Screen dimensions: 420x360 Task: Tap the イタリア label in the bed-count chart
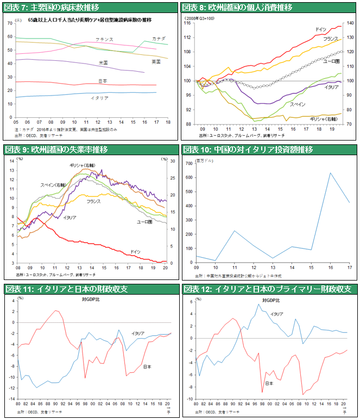click(x=99, y=99)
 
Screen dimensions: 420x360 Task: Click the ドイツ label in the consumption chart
click(x=320, y=29)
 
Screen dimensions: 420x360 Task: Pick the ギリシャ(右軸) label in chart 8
click(x=322, y=118)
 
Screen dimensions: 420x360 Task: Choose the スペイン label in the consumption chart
click(x=297, y=104)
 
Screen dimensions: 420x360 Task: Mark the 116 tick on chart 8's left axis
click(x=187, y=23)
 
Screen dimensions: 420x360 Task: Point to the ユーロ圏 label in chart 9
click(x=144, y=222)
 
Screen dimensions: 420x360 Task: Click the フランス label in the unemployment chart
click(x=93, y=201)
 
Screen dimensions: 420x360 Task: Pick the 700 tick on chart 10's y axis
click(x=189, y=163)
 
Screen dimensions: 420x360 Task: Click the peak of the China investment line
click(x=330, y=173)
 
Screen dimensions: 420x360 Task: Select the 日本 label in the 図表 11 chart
click(x=147, y=367)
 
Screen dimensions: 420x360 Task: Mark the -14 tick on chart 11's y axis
click(x=12, y=398)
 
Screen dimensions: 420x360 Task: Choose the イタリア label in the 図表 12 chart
click(x=276, y=314)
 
